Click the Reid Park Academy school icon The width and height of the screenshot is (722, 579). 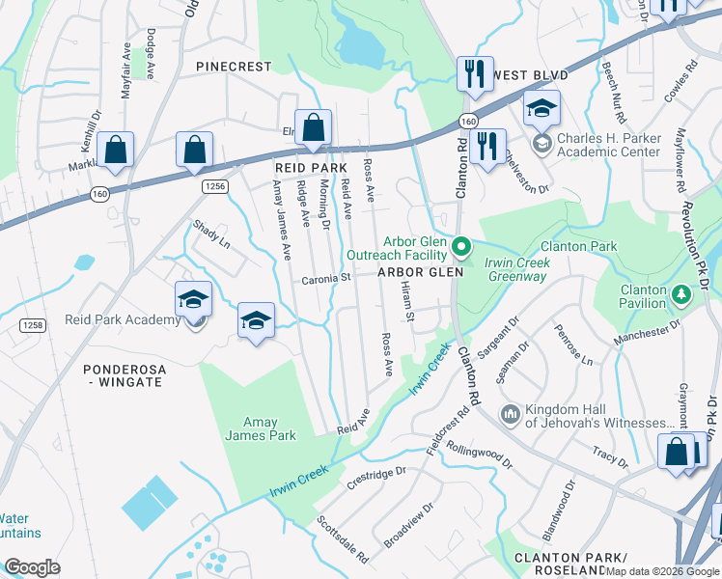[194, 300]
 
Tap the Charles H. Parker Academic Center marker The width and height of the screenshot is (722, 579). [541, 144]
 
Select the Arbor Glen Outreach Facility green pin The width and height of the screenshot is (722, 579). [461, 248]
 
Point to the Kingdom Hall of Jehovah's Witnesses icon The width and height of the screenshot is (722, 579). [510, 415]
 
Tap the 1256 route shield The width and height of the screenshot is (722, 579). [214, 184]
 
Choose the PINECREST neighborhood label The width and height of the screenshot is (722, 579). [236, 67]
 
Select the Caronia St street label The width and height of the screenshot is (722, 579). [324, 278]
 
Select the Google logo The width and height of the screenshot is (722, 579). [33, 567]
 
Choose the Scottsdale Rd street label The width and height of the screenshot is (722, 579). [343, 539]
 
